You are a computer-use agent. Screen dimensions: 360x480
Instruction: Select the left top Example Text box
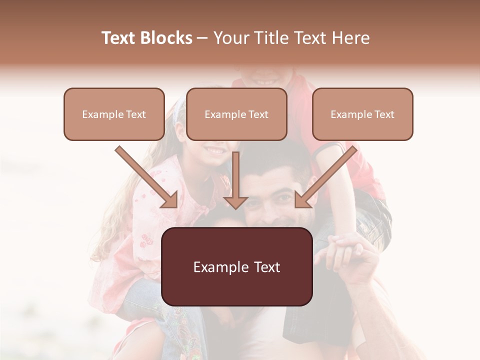point(114,114)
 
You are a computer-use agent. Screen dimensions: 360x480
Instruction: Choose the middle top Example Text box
point(236,114)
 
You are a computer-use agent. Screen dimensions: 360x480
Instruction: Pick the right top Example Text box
point(362,114)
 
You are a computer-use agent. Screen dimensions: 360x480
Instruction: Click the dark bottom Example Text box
point(236,267)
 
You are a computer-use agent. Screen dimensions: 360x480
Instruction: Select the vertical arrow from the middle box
point(235,180)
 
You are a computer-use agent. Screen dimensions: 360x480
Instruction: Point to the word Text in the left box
point(135,114)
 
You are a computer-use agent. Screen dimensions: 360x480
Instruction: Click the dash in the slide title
point(202,38)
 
